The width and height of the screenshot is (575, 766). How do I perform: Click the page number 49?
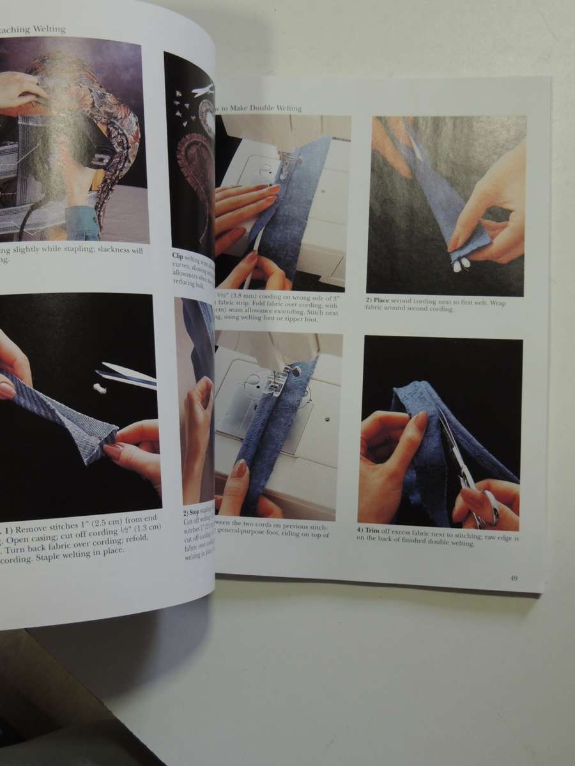513,578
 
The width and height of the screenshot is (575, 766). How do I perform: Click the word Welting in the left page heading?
47,29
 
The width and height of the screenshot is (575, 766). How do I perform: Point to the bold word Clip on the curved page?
178,256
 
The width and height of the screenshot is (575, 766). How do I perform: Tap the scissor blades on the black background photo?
128,377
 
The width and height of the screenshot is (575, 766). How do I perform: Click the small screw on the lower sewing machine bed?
318,420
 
